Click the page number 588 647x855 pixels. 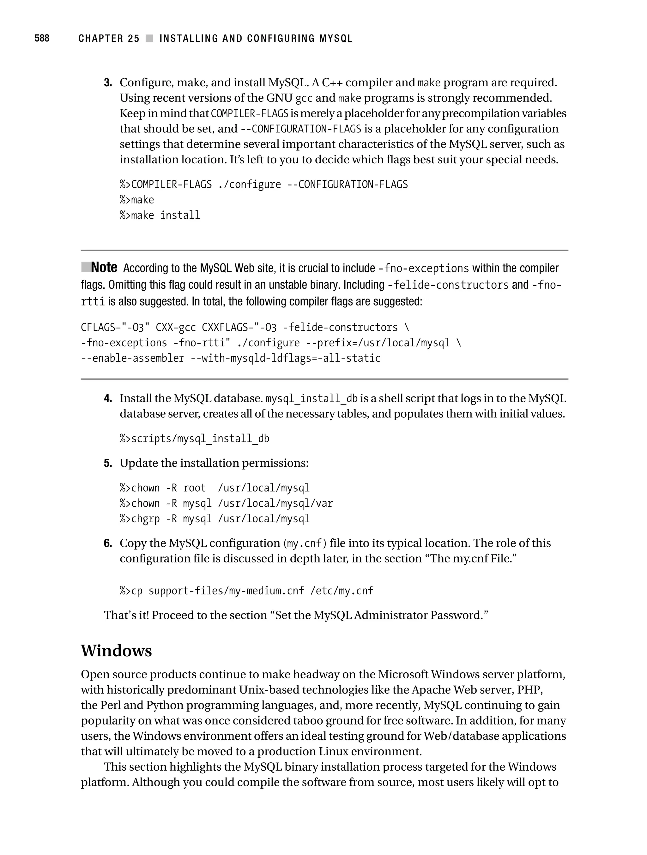tap(42, 38)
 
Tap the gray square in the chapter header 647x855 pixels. tap(149, 38)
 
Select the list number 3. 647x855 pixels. tap(108, 83)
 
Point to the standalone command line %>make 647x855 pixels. tap(137, 200)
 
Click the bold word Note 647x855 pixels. tap(104, 268)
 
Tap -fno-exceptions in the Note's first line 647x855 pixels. tap(423, 268)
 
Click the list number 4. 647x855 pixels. tap(108, 398)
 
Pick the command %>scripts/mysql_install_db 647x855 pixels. tap(194, 439)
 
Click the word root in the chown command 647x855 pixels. tap(194, 488)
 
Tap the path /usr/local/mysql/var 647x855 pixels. tap(275, 503)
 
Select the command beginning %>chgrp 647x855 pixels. tap(215, 519)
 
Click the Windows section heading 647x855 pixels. tap(116, 651)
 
